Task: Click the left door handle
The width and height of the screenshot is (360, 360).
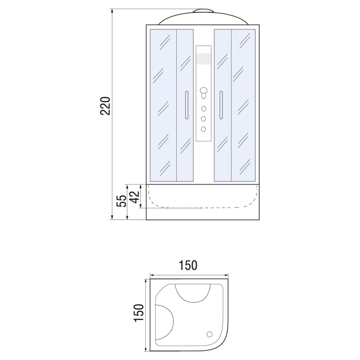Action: (x=185, y=105)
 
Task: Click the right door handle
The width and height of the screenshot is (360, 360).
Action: (x=221, y=105)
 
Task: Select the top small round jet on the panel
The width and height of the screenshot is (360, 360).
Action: (x=203, y=108)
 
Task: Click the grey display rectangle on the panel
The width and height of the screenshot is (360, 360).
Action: (x=203, y=59)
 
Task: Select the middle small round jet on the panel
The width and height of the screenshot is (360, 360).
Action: (x=203, y=119)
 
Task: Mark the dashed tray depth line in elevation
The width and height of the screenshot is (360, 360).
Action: (x=202, y=207)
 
